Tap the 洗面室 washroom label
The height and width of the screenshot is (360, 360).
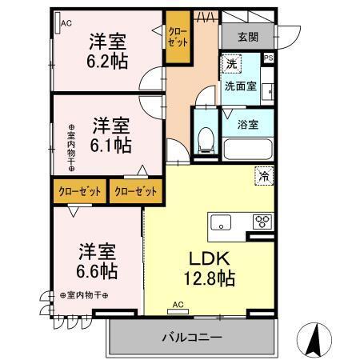click(x=240, y=87)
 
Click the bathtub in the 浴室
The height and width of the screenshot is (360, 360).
click(x=249, y=149)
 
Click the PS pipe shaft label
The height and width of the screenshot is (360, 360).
click(x=267, y=58)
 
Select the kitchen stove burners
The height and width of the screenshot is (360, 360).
click(x=262, y=222)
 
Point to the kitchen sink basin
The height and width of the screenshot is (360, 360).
click(x=219, y=222)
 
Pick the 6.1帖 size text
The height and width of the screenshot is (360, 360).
click(x=111, y=145)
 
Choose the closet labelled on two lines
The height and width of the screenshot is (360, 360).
click(x=176, y=37)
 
